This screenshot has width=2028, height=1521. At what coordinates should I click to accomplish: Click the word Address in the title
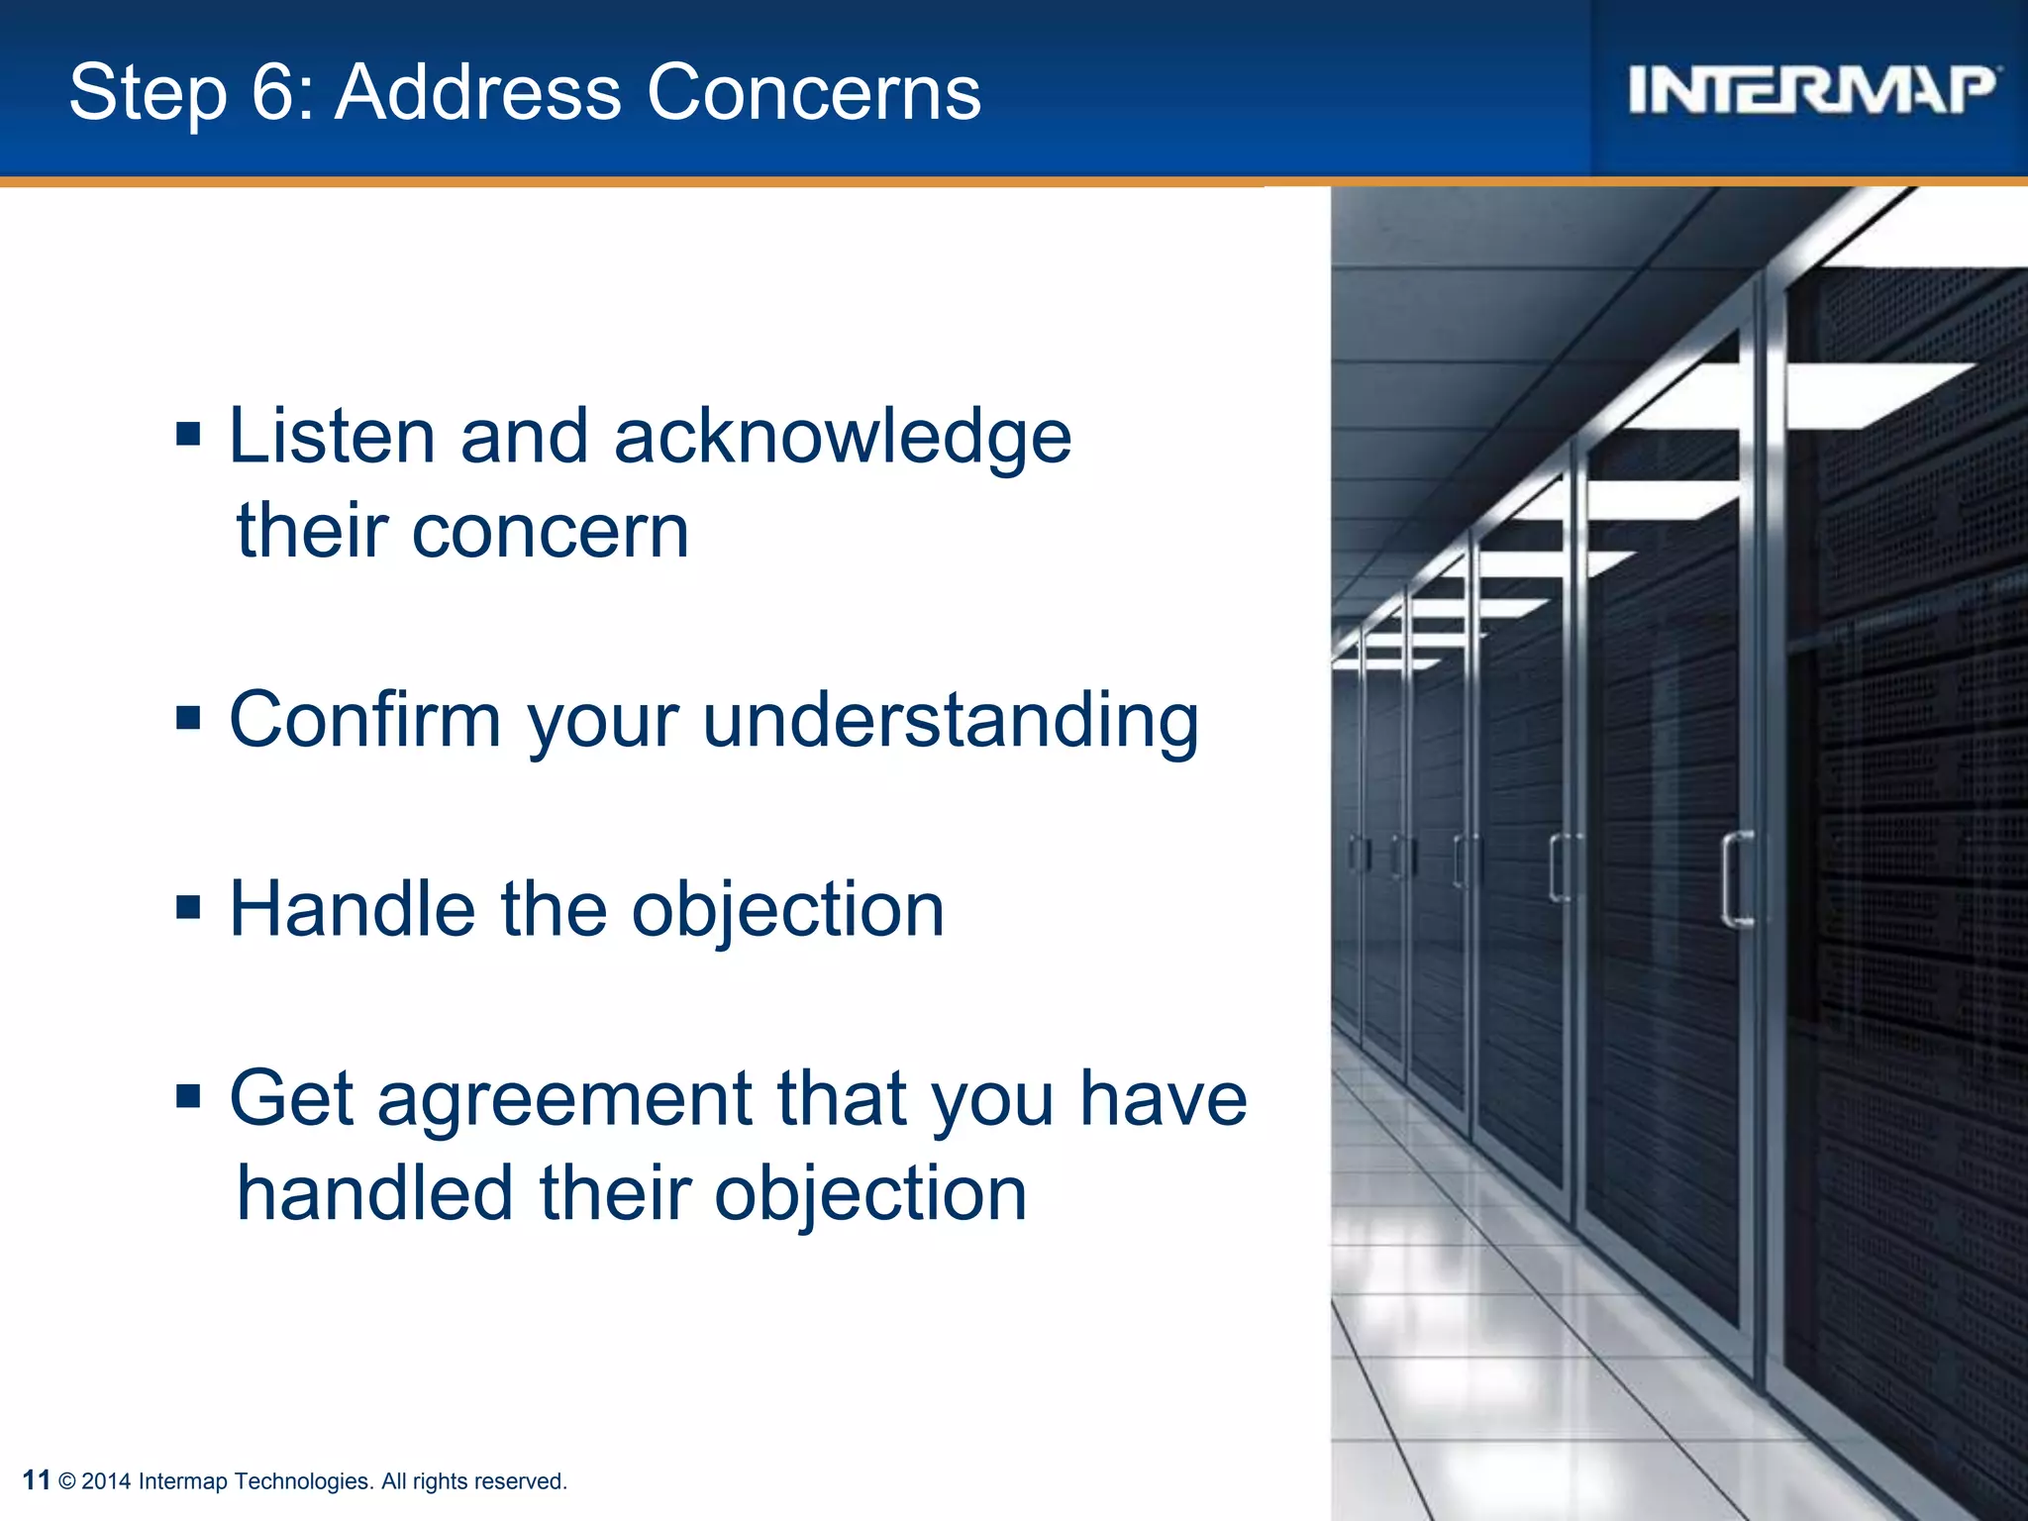(x=477, y=92)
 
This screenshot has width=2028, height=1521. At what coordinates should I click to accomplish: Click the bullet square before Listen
(x=188, y=434)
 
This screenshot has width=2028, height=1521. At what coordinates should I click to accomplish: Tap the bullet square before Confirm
(x=188, y=717)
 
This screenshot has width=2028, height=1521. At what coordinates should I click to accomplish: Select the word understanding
(x=951, y=721)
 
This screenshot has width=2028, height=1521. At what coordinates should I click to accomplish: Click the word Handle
(x=353, y=909)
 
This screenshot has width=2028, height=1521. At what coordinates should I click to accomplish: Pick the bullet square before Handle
(x=188, y=907)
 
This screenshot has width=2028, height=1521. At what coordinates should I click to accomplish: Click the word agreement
(x=564, y=1101)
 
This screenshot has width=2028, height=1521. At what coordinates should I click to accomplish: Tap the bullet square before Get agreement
(x=188, y=1096)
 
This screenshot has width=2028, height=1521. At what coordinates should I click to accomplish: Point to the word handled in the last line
(x=375, y=1192)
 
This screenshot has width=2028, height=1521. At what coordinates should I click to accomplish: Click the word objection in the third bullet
(x=788, y=911)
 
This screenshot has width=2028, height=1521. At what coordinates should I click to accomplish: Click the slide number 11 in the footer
(x=36, y=1480)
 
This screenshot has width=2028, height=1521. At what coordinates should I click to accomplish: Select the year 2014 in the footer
(x=106, y=1481)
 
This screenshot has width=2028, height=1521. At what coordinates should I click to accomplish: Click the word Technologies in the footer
(x=303, y=1481)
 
